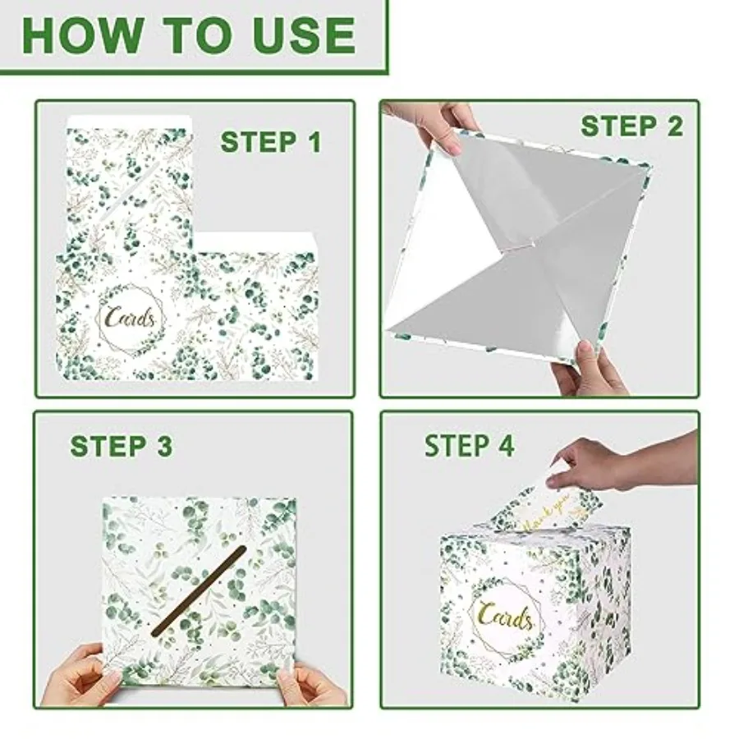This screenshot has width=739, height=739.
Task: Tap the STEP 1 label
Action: click(271, 142)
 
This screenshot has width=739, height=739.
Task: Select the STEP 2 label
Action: click(631, 126)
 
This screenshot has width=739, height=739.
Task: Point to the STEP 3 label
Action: click(122, 446)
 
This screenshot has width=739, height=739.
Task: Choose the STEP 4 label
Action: click(470, 446)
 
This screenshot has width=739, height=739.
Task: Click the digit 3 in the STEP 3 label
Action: click(164, 446)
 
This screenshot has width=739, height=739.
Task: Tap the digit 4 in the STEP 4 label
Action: click(506, 446)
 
